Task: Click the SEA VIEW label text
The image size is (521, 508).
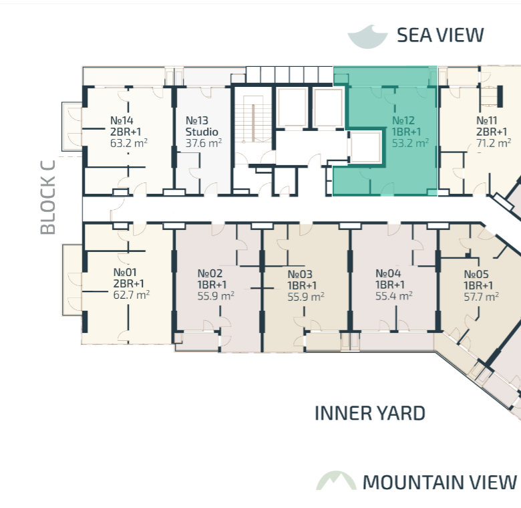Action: (x=440, y=35)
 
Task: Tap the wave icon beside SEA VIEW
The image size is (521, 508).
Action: (x=367, y=37)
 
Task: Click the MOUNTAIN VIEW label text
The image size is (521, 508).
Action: (x=440, y=482)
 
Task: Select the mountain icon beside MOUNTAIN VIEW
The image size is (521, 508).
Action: (x=336, y=481)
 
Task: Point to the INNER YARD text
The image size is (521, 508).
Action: (x=370, y=413)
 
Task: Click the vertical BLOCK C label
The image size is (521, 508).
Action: (x=48, y=197)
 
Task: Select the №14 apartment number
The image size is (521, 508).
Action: (x=122, y=120)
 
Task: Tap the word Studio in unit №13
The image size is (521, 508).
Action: (x=202, y=132)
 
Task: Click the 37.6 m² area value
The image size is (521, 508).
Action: (x=204, y=143)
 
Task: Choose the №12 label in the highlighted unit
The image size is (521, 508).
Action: (x=403, y=120)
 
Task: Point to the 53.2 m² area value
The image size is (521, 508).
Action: (x=410, y=143)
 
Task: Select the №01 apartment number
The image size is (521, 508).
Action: (x=125, y=272)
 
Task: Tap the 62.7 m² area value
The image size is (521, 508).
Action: (x=131, y=295)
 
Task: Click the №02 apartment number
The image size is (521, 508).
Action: (x=210, y=273)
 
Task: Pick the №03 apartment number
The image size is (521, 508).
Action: (x=300, y=274)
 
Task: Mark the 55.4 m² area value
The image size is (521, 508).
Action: (x=394, y=296)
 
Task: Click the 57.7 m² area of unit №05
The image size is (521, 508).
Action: (x=482, y=297)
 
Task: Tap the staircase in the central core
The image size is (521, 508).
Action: (x=253, y=120)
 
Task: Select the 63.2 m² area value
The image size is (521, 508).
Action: (x=129, y=143)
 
